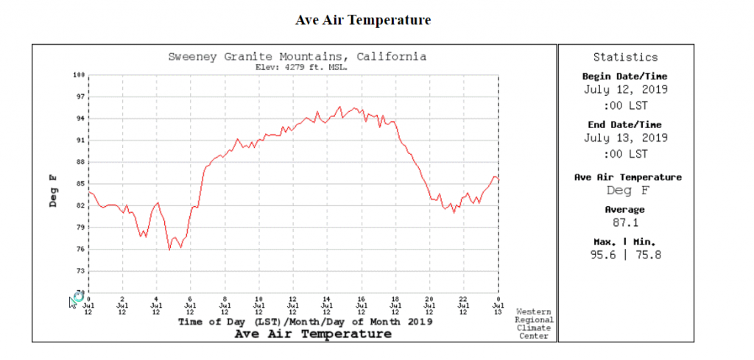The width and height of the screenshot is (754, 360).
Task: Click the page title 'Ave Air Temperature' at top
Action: click(363, 21)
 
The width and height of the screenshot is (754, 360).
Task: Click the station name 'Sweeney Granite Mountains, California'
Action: click(297, 57)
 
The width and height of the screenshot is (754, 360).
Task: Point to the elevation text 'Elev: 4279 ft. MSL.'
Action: click(300, 67)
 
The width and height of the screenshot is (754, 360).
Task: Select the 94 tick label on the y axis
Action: click(81, 119)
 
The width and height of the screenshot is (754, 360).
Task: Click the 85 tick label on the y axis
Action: click(81, 184)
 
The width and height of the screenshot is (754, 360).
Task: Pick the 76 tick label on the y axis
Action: click(81, 250)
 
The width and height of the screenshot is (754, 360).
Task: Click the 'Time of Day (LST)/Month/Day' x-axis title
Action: click(305, 322)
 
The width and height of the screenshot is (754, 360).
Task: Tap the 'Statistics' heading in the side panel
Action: click(625, 57)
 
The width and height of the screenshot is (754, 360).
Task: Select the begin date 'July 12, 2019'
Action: click(625, 90)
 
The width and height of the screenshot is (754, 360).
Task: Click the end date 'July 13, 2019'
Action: click(625, 138)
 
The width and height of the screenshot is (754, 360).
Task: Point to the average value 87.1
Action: click(625, 222)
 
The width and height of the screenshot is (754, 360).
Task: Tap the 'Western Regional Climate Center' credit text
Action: click(534, 324)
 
